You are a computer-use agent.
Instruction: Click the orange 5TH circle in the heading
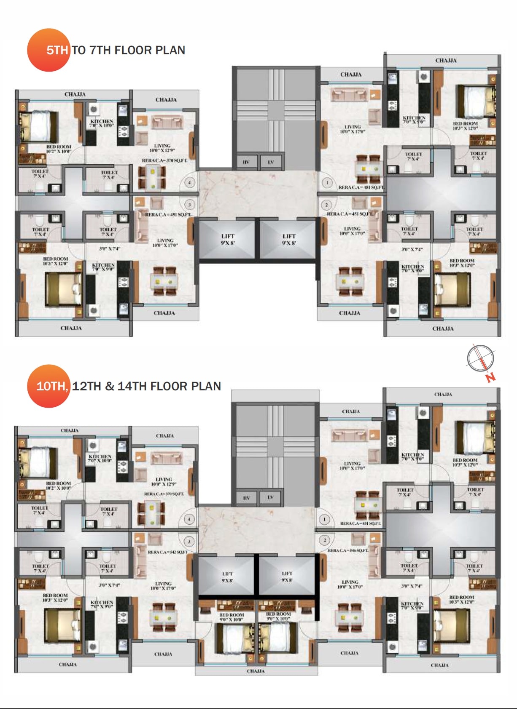tap(48, 50)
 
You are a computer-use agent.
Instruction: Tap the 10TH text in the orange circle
tap(51, 386)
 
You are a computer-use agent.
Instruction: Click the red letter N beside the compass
tap(490, 377)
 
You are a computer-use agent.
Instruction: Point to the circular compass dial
tap(480, 358)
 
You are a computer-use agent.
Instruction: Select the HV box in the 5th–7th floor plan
tap(246, 162)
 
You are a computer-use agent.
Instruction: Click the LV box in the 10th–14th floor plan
tap(270, 498)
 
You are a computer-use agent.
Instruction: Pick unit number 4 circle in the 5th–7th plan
tap(190, 183)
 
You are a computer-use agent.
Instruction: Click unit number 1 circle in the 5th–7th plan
tap(327, 183)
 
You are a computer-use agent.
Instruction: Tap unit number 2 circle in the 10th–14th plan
tap(325, 540)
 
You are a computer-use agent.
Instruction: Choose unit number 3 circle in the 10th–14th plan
tap(189, 541)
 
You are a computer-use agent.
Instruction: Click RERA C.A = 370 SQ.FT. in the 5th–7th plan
tap(164, 160)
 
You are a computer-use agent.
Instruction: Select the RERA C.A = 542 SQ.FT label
tap(167, 552)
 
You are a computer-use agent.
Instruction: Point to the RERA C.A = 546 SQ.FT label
tap(348, 550)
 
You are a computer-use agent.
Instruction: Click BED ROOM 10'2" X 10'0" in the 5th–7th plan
tap(59, 149)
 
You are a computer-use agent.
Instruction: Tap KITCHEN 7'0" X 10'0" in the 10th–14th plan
tap(100, 459)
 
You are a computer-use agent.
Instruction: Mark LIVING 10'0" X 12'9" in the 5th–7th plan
tap(162, 148)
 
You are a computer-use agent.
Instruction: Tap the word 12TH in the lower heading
tap(86, 386)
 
